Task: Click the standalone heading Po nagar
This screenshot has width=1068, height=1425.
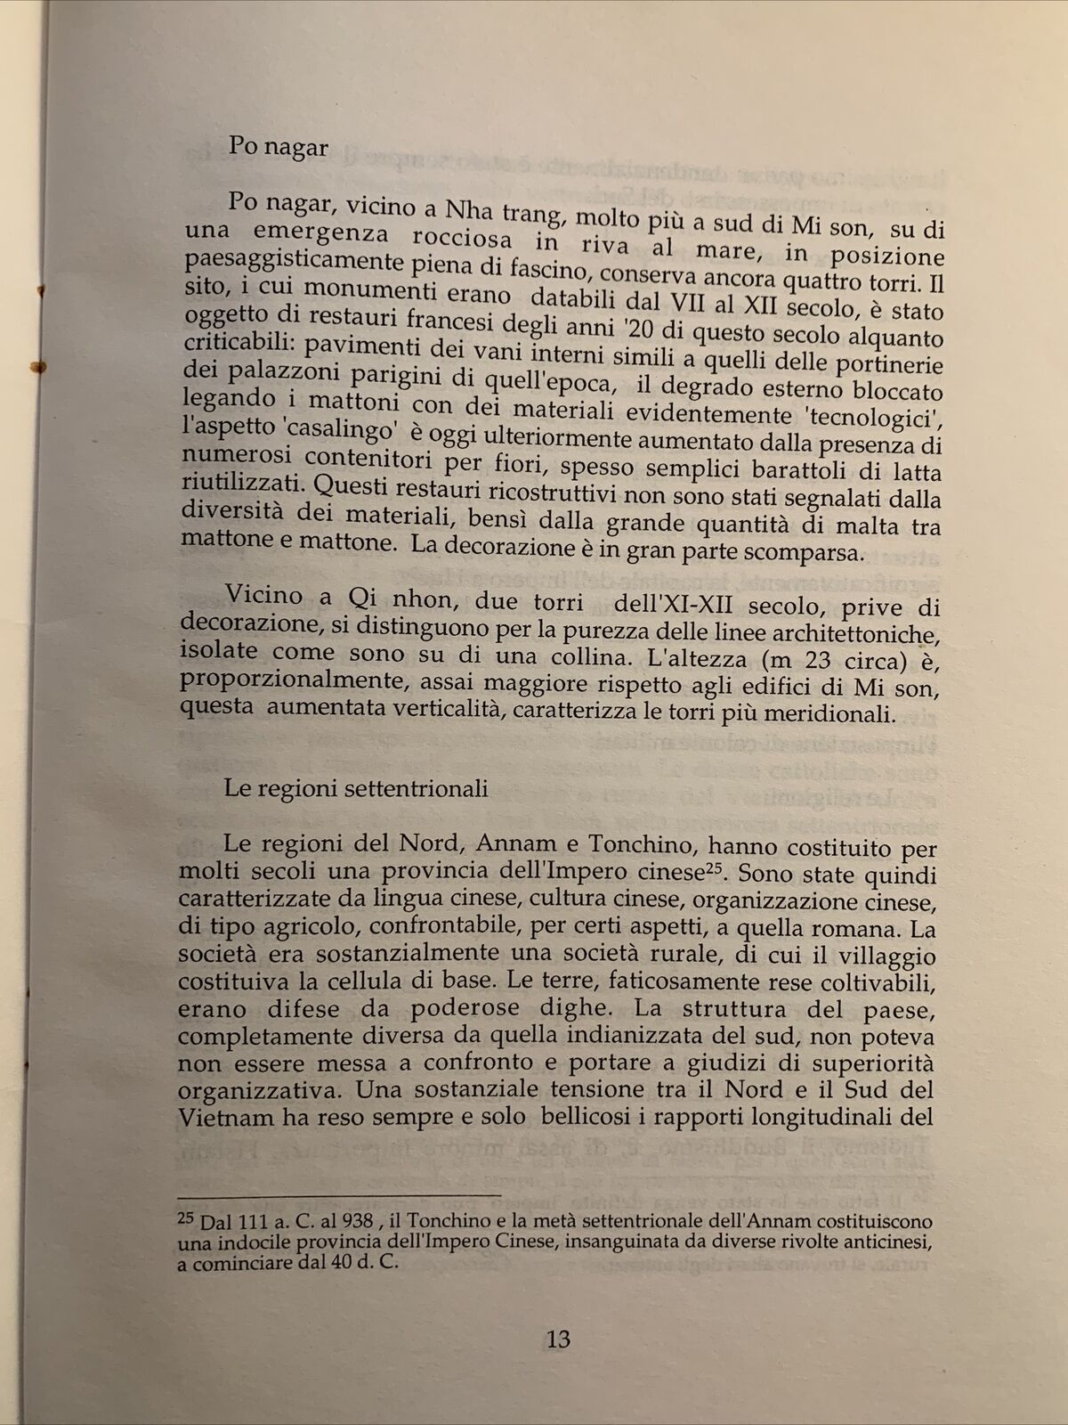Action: (278, 146)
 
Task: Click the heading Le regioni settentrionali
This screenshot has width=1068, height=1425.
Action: (355, 788)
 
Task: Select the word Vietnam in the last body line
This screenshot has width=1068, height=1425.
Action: (226, 1116)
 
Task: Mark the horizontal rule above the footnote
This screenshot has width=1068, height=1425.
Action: (338, 1196)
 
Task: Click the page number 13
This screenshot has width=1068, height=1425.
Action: (558, 1339)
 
